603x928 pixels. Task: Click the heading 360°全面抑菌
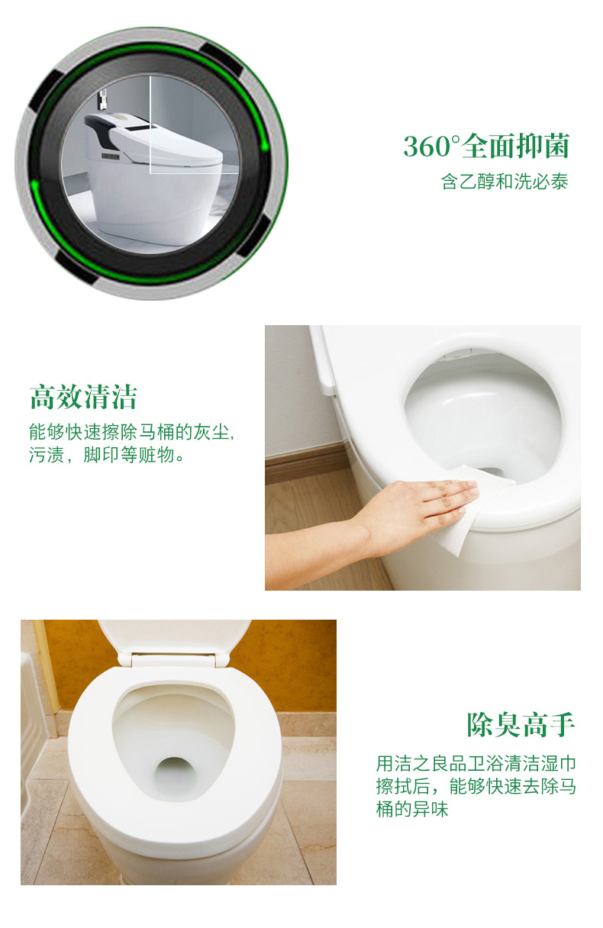[x=486, y=147]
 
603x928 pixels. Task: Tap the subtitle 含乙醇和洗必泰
[x=505, y=182]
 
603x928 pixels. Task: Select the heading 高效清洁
[x=83, y=397]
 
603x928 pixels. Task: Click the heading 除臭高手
[x=521, y=724]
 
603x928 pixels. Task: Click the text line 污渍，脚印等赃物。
[x=106, y=455]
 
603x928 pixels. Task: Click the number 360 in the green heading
[x=427, y=147]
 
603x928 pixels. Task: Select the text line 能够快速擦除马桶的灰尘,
[x=131, y=432]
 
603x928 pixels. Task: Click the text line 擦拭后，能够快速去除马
[x=476, y=787]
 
